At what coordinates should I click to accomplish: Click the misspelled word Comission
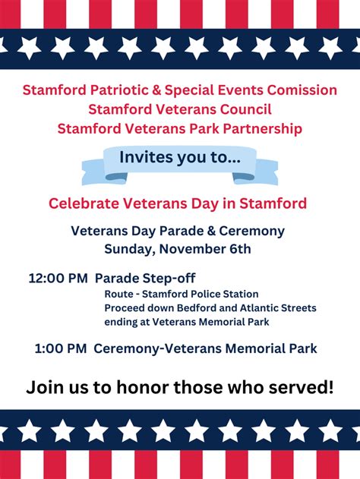tap(302, 90)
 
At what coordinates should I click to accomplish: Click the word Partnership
tap(263, 128)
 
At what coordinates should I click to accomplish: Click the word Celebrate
tap(84, 203)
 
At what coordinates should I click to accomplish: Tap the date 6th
tap(240, 249)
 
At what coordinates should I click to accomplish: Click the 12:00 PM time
tap(58, 279)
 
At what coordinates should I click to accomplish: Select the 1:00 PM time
tap(61, 348)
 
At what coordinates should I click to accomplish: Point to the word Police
tap(205, 295)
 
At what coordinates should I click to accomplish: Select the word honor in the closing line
tap(143, 387)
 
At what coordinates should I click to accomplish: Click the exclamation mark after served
tap(330, 386)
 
